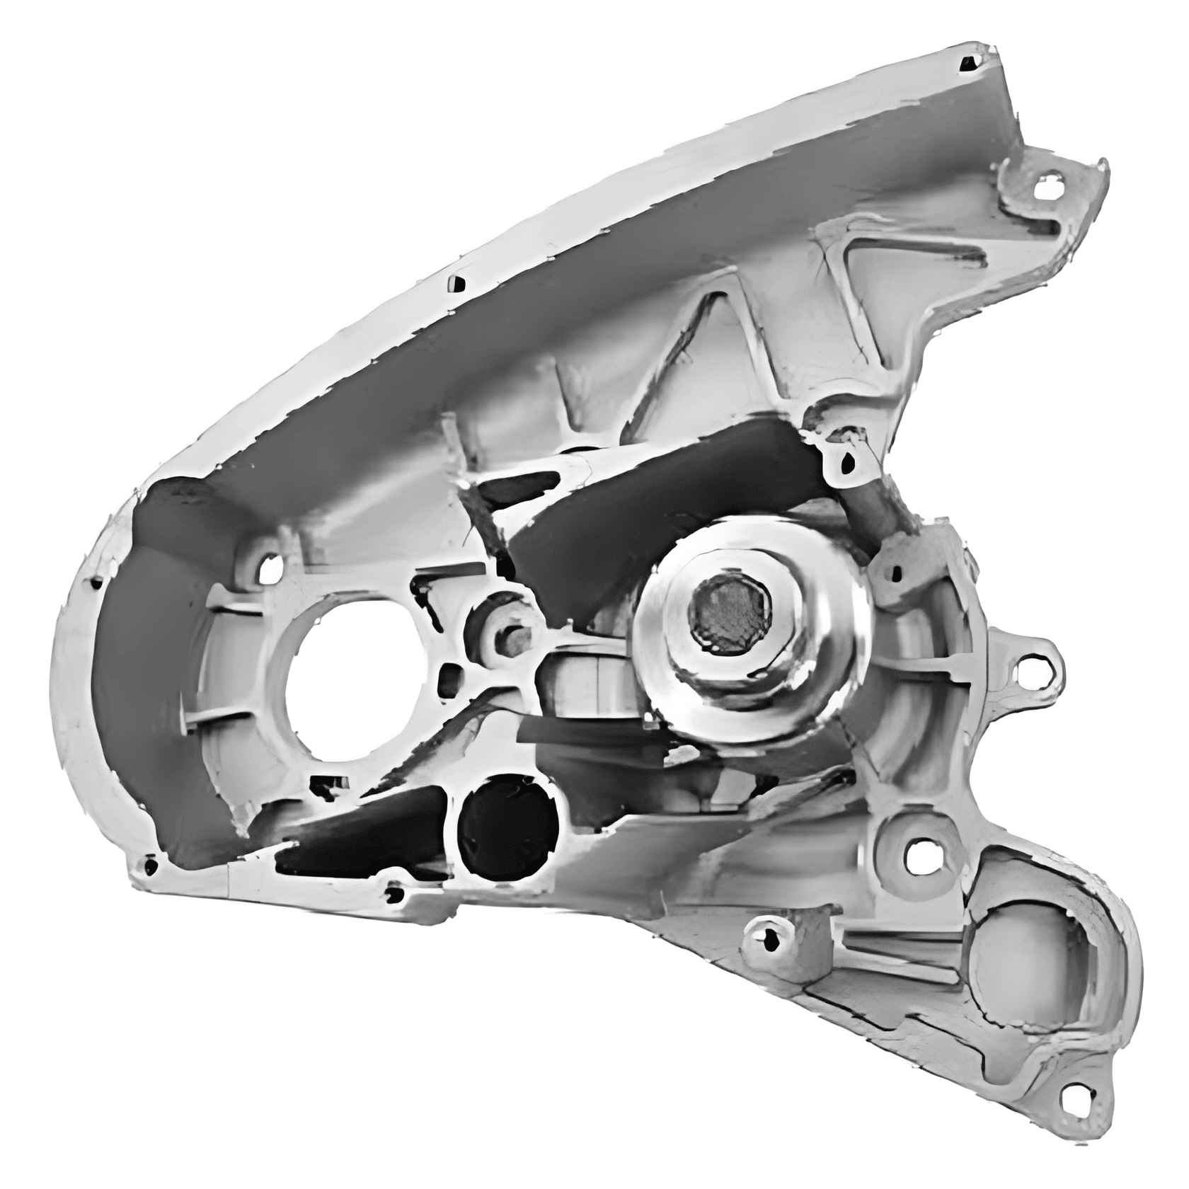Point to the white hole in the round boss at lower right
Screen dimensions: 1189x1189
(919, 857)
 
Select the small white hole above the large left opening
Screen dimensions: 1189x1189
(269, 570)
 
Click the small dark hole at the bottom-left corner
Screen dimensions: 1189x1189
(150, 865)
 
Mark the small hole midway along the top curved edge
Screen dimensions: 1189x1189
(458, 284)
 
